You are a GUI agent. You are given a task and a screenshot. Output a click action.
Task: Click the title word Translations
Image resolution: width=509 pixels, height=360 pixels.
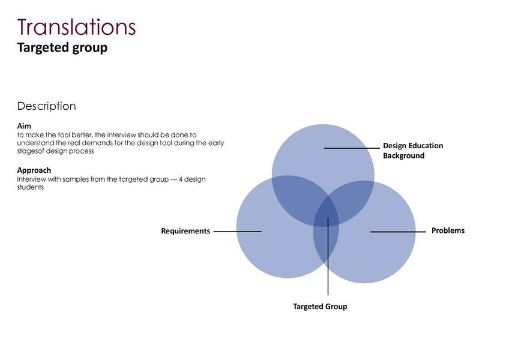coord(76,27)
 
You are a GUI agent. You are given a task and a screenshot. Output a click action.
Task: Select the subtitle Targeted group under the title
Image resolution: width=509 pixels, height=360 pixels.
coord(62,47)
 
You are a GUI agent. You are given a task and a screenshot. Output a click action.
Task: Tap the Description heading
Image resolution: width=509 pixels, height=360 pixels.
coord(46,106)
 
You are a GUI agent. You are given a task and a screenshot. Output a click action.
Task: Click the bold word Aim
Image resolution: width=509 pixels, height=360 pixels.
coord(24,126)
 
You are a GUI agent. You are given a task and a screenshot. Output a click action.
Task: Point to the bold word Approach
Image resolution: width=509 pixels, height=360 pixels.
coord(34,170)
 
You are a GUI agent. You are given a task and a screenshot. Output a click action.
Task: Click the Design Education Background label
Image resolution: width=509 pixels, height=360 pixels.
coord(412,151)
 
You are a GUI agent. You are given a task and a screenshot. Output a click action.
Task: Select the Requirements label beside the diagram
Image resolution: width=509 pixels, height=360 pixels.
coord(185,231)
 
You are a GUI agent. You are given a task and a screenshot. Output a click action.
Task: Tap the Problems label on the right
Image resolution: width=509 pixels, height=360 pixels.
coord(448,230)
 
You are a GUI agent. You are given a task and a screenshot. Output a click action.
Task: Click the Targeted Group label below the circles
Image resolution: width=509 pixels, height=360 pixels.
coord(320,307)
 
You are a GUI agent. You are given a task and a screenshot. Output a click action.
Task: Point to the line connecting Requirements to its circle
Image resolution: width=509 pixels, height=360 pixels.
coord(237,231)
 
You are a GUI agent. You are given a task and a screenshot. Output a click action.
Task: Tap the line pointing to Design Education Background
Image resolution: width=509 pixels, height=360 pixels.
coord(352,148)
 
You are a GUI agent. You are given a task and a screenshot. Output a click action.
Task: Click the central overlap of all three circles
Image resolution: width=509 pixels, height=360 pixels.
coord(326,217)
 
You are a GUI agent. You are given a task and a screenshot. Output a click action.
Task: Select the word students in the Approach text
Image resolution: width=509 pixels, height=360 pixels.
coord(31,187)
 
